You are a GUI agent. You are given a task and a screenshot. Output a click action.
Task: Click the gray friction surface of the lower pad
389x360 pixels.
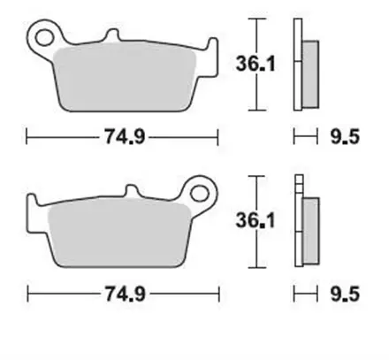tap(115, 234)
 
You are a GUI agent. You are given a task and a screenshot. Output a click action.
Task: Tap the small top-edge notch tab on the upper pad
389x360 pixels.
tap(111, 37)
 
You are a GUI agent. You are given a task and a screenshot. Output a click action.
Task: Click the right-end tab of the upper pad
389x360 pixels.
tap(211, 51)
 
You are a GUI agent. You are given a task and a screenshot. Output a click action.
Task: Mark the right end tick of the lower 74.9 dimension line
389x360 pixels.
tap(217, 293)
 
